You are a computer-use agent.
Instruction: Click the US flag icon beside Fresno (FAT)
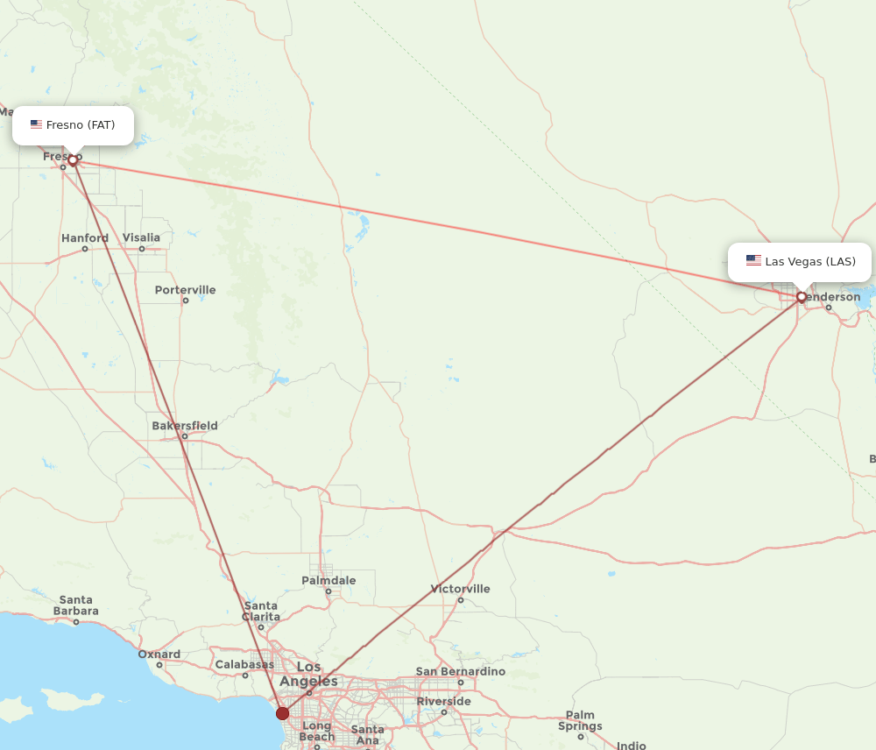(36, 124)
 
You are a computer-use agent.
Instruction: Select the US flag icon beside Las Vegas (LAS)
(753, 260)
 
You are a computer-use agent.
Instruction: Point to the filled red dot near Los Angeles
(282, 713)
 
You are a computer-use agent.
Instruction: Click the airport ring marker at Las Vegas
(802, 297)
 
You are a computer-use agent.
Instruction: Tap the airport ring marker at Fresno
(73, 160)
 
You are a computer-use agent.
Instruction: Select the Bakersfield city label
(185, 426)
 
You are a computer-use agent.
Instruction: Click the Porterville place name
(185, 290)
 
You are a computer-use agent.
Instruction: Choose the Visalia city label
(141, 237)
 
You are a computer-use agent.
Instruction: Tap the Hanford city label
(85, 238)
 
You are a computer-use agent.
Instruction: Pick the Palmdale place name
(328, 580)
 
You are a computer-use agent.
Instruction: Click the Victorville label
(461, 589)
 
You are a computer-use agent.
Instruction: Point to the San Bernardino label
(461, 671)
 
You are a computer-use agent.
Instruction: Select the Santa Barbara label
(76, 605)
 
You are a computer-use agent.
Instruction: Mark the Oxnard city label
(159, 654)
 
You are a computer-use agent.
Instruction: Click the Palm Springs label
(580, 721)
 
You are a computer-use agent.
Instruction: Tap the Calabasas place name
(245, 664)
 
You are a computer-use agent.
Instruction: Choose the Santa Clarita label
(261, 611)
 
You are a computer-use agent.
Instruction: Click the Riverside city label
(443, 701)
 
